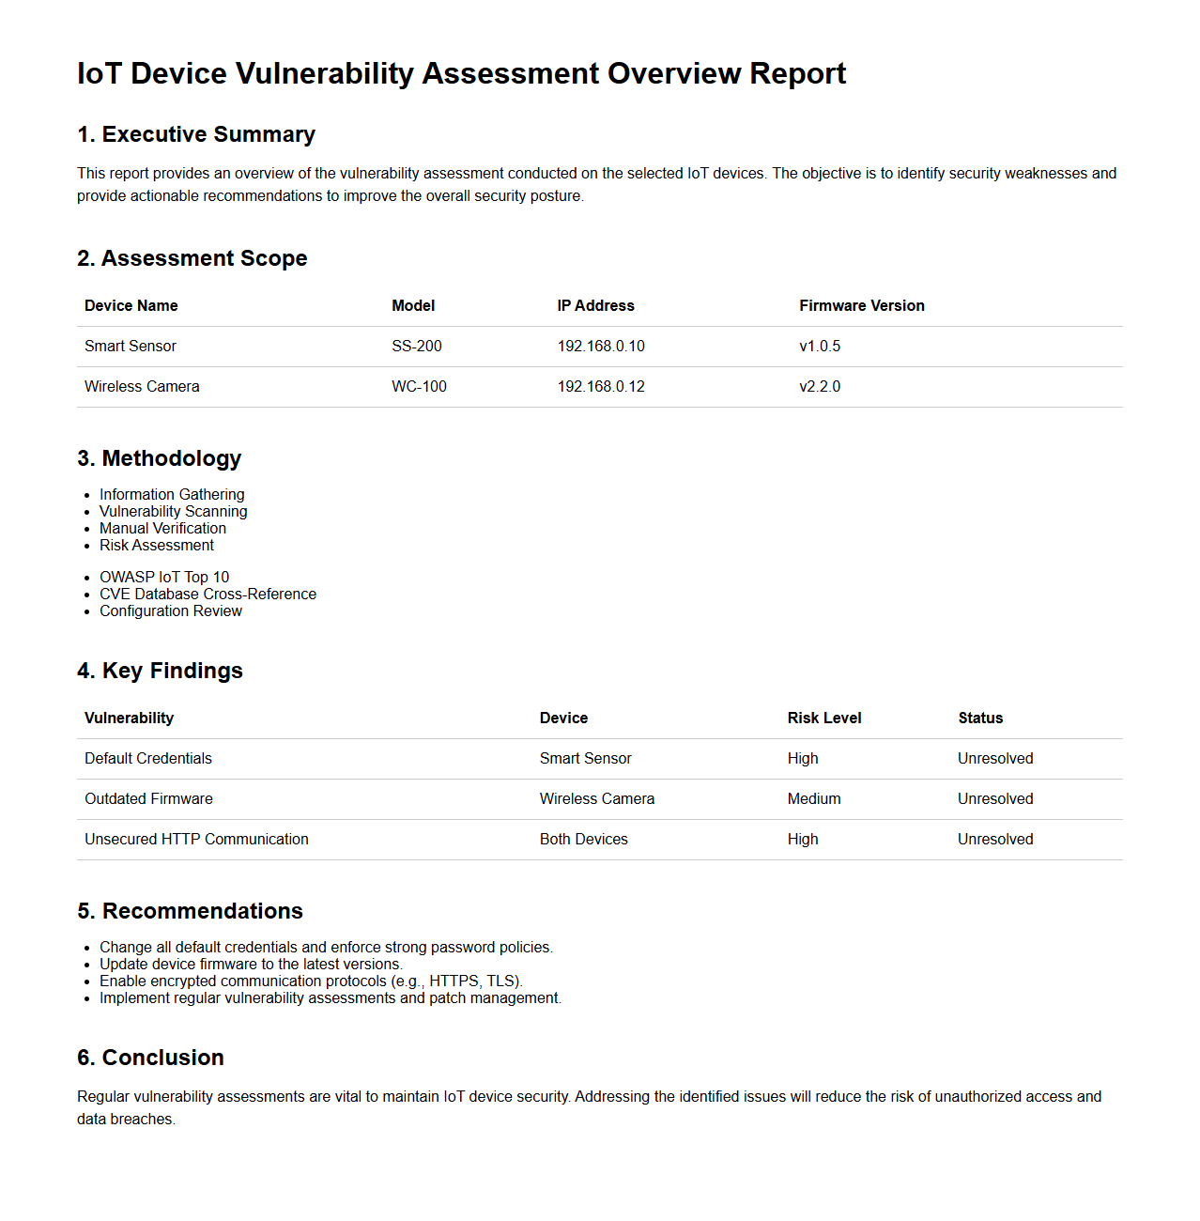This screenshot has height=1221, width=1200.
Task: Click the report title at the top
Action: [x=461, y=73]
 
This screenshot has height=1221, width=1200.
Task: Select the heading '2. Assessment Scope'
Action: [x=192, y=258]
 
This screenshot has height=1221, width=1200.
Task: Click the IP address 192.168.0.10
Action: [x=601, y=346]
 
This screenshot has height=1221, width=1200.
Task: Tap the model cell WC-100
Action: [x=419, y=386]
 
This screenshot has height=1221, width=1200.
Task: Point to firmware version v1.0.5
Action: [x=820, y=346]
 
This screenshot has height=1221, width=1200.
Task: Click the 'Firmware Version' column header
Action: [x=861, y=305]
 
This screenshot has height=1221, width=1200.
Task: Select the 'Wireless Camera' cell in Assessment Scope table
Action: [x=142, y=386]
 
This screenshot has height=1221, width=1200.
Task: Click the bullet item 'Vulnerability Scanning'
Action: [x=174, y=511]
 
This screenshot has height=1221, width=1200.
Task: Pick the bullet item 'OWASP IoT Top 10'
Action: [x=164, y=577]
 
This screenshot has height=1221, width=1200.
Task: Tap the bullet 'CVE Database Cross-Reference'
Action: [x=208, y=594]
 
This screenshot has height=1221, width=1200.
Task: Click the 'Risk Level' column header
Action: [x=823, y=718]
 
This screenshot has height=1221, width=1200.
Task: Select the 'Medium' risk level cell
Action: [x=813, y=798]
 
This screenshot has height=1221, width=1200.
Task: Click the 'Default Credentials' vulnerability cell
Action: [x=148, y=758]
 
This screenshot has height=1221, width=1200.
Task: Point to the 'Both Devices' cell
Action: [x=583, y=839]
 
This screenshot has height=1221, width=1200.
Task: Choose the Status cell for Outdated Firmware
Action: [x=994, y=798]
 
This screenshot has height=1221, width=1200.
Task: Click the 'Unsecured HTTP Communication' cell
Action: [x=196, y=839]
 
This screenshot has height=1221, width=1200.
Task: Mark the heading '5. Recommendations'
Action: [x=190, y=911]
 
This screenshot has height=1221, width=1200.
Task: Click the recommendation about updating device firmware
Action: [x=251, y=964]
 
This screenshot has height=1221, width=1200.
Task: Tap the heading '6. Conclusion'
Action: [x=150, y=1058]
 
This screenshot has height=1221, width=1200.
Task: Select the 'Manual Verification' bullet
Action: [x=162, y=528]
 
